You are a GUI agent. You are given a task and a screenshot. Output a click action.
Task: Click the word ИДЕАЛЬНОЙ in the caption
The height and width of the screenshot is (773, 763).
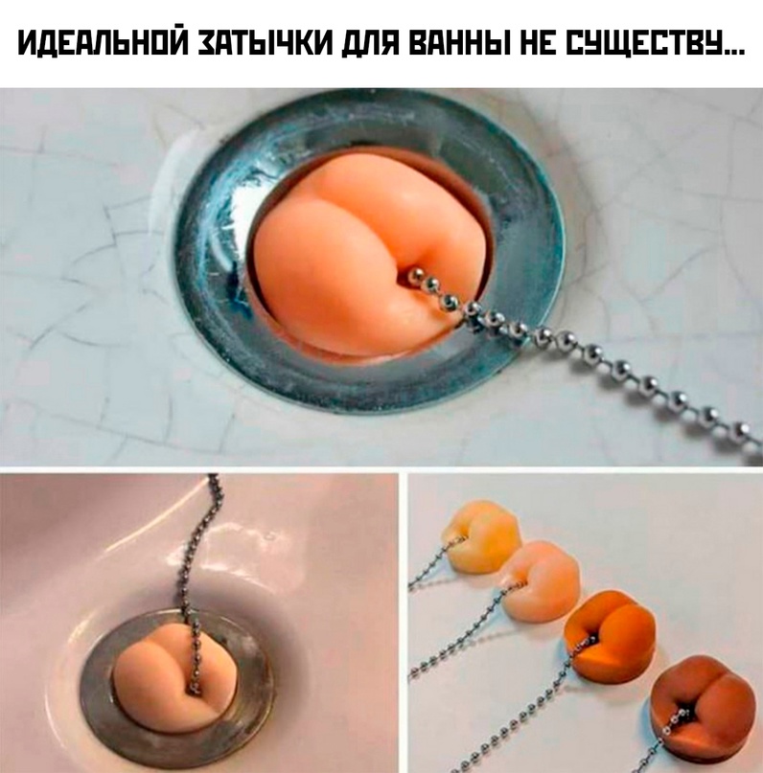[104, 44]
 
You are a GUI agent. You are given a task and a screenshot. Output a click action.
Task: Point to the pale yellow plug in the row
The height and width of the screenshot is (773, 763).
[481, 534]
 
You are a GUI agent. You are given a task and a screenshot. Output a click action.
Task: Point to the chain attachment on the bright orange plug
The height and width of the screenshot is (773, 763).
[590, 641]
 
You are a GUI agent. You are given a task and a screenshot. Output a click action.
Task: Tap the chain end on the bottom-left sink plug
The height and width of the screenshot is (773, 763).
[194, 686]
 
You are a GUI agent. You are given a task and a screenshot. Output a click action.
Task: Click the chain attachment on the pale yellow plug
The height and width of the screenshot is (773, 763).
[460, 540]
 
